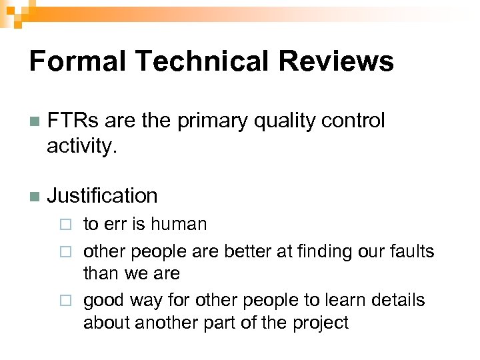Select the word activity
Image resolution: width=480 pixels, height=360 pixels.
(x=81, y=146)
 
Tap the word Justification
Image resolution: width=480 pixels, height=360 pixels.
(x=102, y=196)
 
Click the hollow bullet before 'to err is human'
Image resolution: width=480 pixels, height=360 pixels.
(x=65, y=225)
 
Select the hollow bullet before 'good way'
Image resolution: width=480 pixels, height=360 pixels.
(x=65, y=301)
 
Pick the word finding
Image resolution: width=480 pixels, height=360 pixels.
(x=337, y=251)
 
